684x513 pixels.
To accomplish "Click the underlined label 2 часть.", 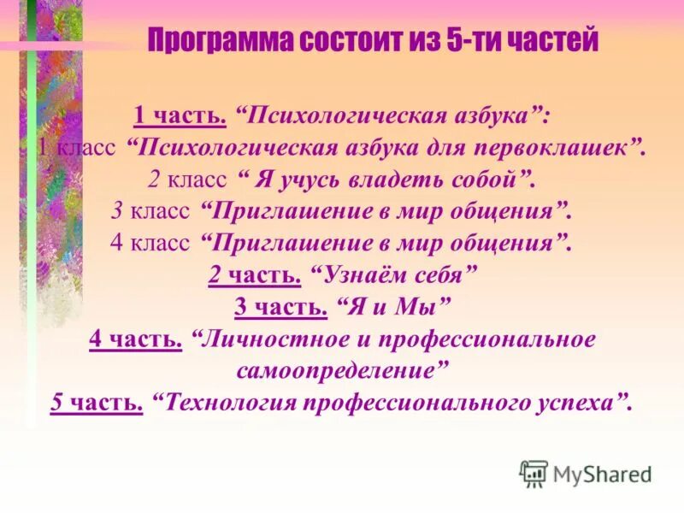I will point(254,274).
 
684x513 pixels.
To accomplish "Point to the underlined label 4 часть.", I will point(135,339).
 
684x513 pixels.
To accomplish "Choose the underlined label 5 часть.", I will point(96,402).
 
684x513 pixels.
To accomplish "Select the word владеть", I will point(385,179).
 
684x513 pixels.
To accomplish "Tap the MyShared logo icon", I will point(534,473).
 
